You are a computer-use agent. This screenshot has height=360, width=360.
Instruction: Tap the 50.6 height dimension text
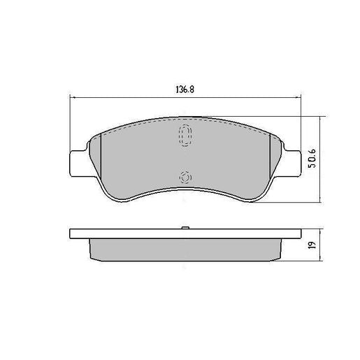309,159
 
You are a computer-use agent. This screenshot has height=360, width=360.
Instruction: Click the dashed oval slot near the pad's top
185,136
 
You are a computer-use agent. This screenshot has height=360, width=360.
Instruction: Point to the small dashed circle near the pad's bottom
185,177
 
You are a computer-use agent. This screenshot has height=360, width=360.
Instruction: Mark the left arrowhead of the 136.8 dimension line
73,99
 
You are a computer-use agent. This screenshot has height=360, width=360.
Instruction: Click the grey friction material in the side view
185,248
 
